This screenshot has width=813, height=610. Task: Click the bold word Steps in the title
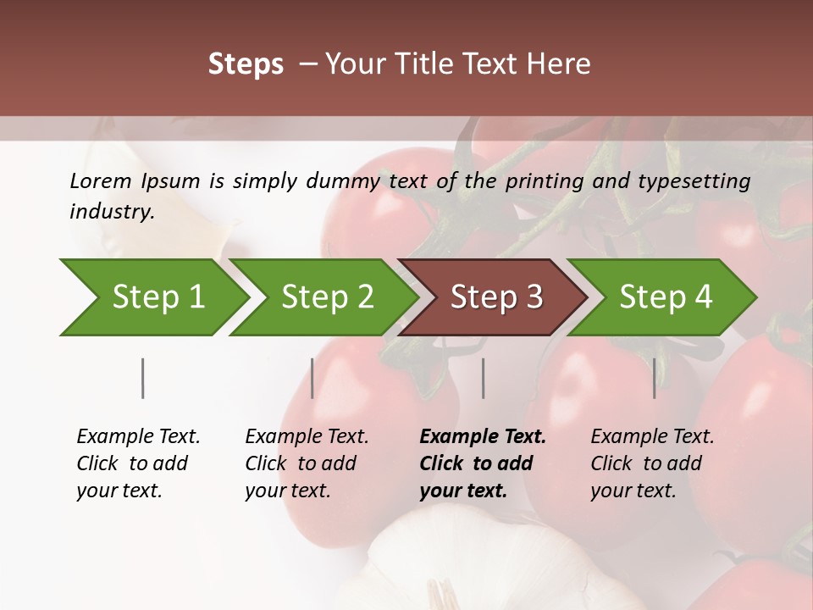(246, 64)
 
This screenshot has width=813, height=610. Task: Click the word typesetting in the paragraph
(701, 180)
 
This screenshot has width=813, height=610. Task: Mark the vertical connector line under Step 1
(143, 378)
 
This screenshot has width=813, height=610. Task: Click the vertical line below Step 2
(312, 378)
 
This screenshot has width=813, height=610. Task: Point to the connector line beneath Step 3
(484, 378)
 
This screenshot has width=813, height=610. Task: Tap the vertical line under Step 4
(655, 378)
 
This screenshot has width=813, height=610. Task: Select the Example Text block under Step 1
(138, 463)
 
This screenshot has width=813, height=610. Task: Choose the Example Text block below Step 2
(307, 463)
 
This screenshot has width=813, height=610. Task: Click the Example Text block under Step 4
(652, 463)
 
